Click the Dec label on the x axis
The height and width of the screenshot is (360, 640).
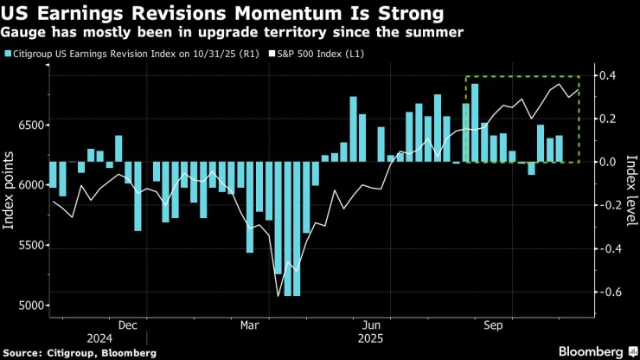[x=127, y=326]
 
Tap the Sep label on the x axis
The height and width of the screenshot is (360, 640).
[x=494, y=326]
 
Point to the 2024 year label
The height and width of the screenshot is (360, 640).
[x=99, y=338]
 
